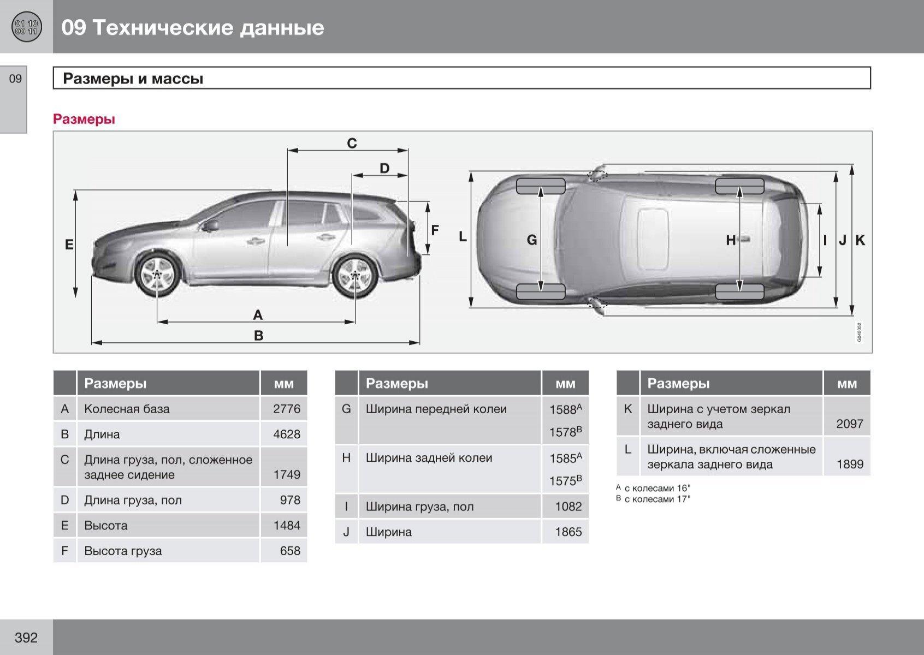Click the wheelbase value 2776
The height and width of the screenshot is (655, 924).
click(287, 409)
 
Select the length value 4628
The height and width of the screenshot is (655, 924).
click(287, 434)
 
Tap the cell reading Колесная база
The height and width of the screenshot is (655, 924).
click(127, 409)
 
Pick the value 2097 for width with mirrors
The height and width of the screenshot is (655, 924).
click(849, 424)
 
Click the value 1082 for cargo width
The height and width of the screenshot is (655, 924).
click(568, 507)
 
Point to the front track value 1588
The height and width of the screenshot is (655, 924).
click(563, 410)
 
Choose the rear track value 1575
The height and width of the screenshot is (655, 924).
click(563, 481)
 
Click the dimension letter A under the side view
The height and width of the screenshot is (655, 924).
click(258, 315)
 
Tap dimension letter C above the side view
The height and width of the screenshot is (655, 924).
click(352, 144)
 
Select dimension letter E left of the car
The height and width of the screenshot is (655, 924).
click(69, 245)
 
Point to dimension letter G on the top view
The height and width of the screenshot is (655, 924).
click(531, 240)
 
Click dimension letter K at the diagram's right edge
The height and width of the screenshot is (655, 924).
click(860, 240)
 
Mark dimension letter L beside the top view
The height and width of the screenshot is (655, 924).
click(463, 237)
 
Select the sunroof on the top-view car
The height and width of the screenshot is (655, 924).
click(653, 239)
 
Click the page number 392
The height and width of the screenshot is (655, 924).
click(26, 638)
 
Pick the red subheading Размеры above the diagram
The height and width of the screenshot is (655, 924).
click(84, 120)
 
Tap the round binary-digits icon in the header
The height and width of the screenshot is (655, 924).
click(26, 27)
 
